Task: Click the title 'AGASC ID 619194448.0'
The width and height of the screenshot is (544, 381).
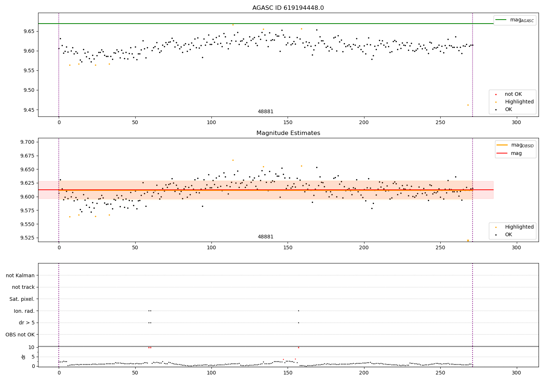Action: (288, 8)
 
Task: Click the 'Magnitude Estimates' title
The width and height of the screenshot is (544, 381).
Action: (288, 133)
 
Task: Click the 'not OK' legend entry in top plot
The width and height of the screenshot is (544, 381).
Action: (513, 94)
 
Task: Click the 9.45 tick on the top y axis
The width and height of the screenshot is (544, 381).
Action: (28, 110)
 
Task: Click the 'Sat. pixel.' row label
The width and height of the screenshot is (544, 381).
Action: (22, 299)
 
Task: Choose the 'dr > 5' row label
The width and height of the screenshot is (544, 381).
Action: (26, 323)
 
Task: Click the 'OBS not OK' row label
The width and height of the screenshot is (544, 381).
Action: (20, 335)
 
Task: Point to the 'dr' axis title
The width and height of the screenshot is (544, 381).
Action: (24, 357)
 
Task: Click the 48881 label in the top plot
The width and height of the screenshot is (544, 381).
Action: (265, 112)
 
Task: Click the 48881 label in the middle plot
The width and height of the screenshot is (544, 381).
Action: (265, 237)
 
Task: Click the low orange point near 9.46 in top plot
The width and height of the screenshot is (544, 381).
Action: (468, 105)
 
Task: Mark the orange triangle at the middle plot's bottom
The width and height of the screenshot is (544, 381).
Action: (468, 241)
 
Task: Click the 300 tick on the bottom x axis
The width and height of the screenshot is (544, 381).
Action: (516, 373)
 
